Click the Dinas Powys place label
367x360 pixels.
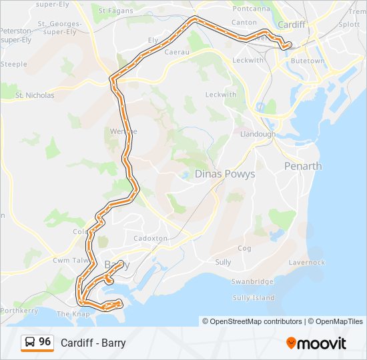pos(224,174)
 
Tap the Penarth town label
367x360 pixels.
pos(302,166)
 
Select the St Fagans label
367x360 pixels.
pos(111,11)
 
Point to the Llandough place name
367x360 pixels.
pos(258,134)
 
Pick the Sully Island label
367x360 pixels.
pos(253,297)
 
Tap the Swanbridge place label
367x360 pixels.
pos(252,281)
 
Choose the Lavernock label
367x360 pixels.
pos(307,263)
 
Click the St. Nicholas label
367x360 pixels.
pos(35,95)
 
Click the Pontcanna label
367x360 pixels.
pos(252,9)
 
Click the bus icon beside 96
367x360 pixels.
pos(30,343)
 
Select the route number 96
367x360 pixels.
pos(45,342)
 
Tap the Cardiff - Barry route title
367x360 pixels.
pos(93,343)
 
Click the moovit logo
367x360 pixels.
pos(316,343)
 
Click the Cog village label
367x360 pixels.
pos(244,248)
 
